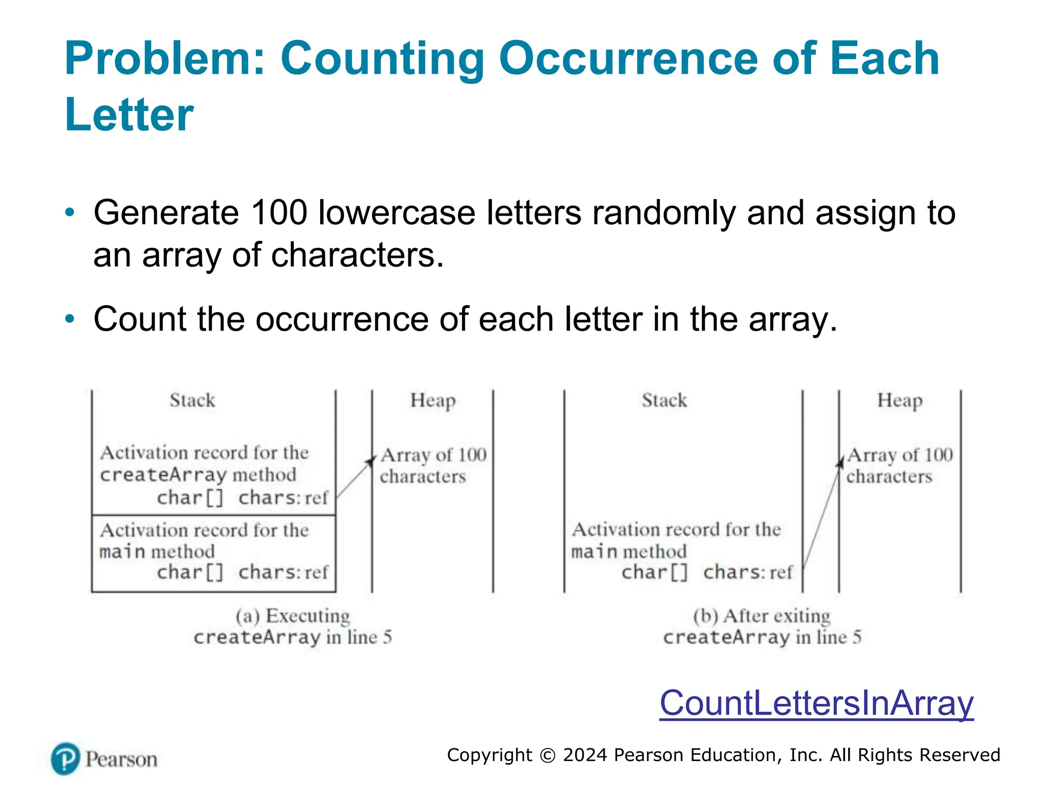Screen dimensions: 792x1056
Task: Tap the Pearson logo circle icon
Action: (x=65, y=758)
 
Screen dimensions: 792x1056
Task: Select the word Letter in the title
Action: (x=129, y=114)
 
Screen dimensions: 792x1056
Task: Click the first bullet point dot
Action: (x=70, y=212)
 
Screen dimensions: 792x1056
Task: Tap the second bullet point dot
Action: (x=70, y=319)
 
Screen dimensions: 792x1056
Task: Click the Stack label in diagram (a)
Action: (x=192, y=400)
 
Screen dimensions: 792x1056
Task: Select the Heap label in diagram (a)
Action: (x=433, y=401)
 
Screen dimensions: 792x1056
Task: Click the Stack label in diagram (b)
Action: (x=664, y=400)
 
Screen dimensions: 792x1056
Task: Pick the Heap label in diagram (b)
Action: (x=900, y=401)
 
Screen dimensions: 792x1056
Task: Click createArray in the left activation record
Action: (x=163, y=475)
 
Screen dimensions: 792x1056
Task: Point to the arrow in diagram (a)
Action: (x=355, y=477)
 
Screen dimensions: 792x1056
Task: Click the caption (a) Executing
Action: (x=293, y=616)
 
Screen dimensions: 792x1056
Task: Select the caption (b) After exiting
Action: (x=762, y=616)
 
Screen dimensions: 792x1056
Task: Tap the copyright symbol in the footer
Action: (x=548, y=755)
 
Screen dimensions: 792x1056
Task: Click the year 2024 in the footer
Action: (x=586, y=755)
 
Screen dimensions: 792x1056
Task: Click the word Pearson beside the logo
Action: (x=122, y=760)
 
